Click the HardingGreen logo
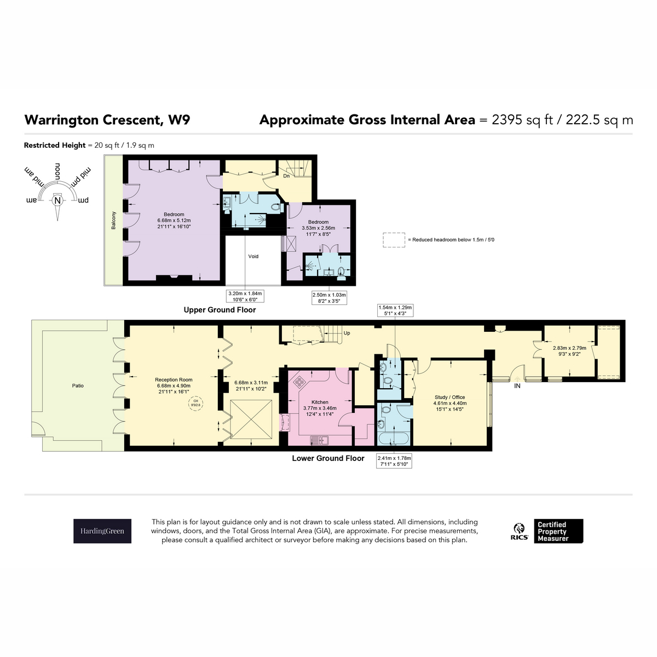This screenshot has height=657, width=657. click(x=102, y=531)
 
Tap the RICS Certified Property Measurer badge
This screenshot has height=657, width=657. click(x=546, y=531)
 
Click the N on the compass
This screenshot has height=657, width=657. click(x=57, y=200)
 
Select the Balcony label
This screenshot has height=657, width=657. click(x=113, y=220)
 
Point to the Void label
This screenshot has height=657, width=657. click(x=253, y=256)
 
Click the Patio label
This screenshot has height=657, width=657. click(x=78, y=385)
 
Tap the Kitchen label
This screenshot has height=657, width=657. click(x=320, y=402)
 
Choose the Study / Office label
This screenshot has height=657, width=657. click(x=449, y=397)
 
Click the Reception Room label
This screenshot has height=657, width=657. click(x=174, y=379)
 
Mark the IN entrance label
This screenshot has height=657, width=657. click(x=517, y=386)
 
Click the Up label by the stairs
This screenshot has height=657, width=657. click(x=347, y=333)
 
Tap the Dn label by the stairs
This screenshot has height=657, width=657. click(x=286, y=176)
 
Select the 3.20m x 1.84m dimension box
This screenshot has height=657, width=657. click(x=245, y=296)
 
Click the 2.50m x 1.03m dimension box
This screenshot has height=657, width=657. click(x=329, y=298)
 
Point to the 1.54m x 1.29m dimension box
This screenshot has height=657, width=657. click(x=395, y=310)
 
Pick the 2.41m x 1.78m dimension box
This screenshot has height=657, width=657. click(x=394, y=461)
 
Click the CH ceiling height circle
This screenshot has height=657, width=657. click(x=195, y=404)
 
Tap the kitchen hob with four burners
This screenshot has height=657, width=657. click(x=300, y=382)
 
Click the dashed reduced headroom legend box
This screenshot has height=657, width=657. click(x=394, y=240)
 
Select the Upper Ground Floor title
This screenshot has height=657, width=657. click(x=220, y=310)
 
